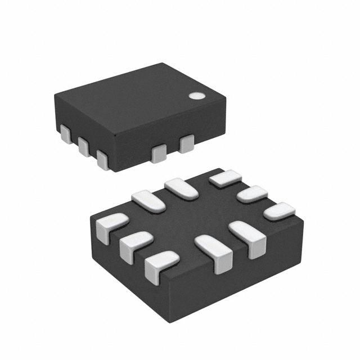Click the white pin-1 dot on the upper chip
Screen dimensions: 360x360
pyautogui.click(x=196, y=96)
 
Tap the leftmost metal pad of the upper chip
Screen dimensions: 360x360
pyautogui.click(x=66, y=134)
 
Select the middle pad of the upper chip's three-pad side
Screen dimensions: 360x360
pyautogui.click(x=84, y=146)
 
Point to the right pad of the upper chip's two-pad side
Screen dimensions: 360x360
pyautogui.click(x=186, y=143)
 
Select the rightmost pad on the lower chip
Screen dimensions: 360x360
pyautogui.click(x=280, y=211)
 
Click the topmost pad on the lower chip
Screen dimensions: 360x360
pyautogui.click(x=225, y=178)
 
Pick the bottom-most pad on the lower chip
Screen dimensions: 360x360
pyautogui.click(x=161, y=264)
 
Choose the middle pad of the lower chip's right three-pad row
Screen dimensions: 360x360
pyautogui.click(x=252, y=194)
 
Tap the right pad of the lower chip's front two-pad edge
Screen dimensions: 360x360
pyautogui.click(x=249, y=236)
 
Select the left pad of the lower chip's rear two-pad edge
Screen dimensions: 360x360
pyautogui.click(x=148, y=201)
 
